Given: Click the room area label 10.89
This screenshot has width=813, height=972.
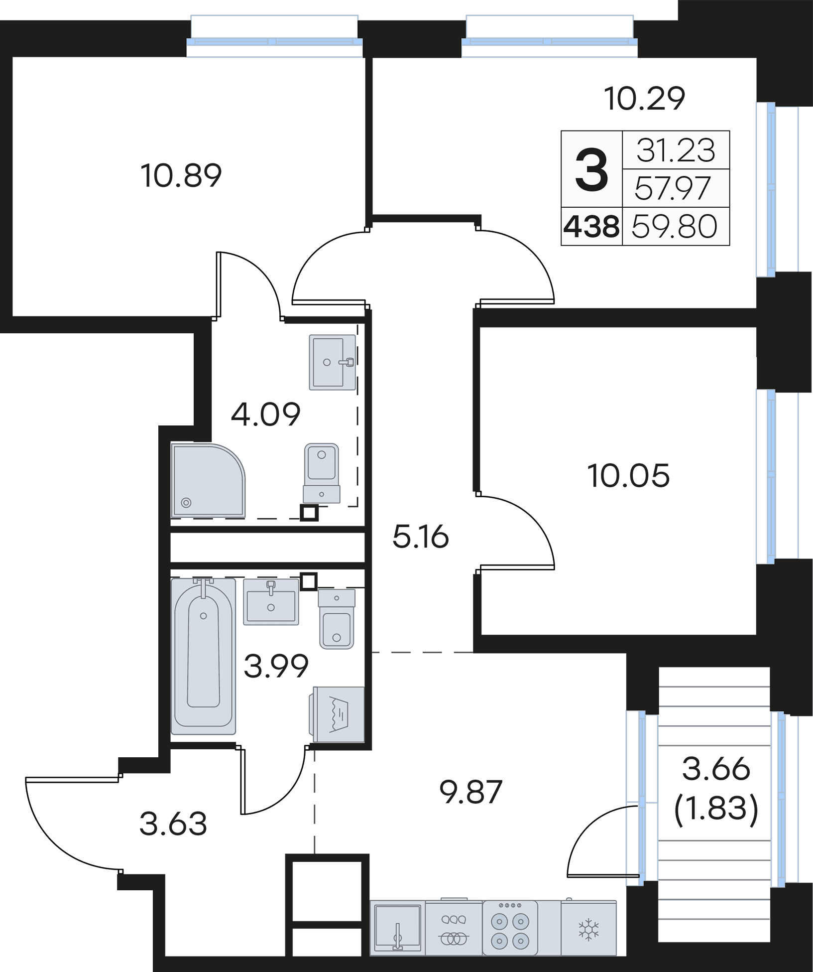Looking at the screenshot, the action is [181, 176].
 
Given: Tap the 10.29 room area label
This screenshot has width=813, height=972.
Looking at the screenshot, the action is [644, 98].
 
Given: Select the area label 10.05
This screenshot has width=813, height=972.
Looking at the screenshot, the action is [628, 475].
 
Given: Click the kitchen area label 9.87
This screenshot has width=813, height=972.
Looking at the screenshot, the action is [471, 792].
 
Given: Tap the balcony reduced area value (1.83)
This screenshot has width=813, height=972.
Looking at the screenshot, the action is [716, 808].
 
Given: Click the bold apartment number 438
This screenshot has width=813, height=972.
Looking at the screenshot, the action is [591, 227].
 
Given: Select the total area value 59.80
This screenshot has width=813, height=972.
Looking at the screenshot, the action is [675, 227].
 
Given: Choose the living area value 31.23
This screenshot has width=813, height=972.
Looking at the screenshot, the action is [676, 150].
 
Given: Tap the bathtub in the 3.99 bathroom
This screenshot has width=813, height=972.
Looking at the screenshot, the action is [203, 656].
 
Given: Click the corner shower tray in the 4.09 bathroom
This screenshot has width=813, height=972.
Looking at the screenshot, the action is [208, 480].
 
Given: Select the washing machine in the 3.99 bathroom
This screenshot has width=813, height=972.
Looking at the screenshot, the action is [338, 715].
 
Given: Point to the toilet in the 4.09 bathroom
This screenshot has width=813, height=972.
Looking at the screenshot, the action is [322, 473].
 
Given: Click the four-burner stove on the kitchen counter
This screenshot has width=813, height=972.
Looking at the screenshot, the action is [509, 928].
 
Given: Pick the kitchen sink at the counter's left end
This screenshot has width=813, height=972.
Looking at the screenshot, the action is [397, 928].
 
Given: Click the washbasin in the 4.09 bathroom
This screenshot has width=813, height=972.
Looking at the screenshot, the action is [332, 362].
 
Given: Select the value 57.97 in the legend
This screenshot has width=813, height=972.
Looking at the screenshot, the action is [672, 188].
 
